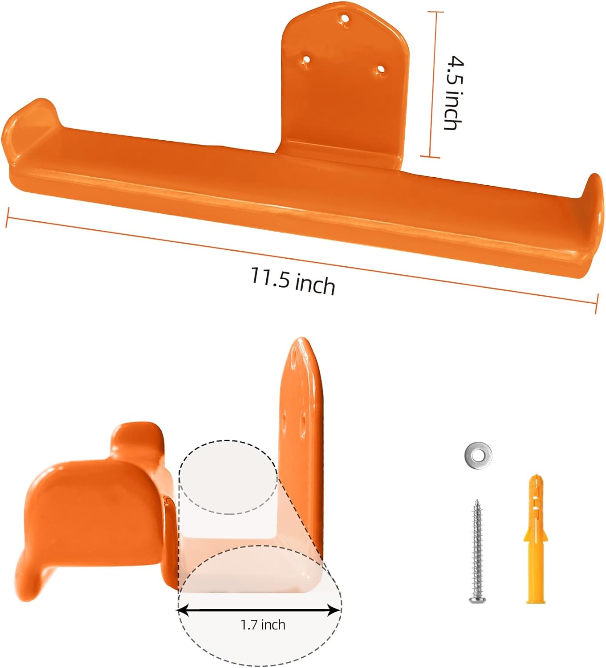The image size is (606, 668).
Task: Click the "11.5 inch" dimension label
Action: [x=293, y=281]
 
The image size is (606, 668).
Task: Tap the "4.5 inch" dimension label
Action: [x=454, y=93]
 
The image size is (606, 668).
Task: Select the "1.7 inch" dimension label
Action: [x=263, y=625]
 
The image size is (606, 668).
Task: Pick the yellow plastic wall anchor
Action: [x=535, y=539]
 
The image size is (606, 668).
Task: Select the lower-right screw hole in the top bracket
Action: [x=380, y=70]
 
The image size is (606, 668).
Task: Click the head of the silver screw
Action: [x=477, y=599]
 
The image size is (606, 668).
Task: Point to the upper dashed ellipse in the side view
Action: [x=228, y=477]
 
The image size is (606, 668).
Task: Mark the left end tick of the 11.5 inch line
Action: [x=7, y=217]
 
